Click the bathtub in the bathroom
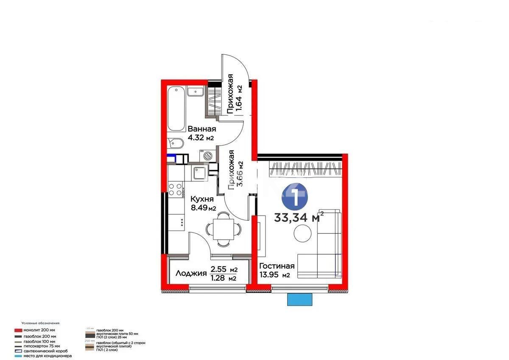pos(176,109)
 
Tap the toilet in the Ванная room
pos(175,144)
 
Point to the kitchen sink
pos(199,173)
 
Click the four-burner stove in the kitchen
pos(175,189)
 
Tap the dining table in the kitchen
pos(223,229)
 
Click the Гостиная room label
pos(277,266)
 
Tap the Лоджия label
pos(190,273)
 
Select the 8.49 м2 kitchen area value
pos(203,208)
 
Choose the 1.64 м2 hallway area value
pos(240,98)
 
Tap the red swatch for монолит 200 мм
pos(18,330)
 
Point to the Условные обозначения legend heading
pos(41,323)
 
